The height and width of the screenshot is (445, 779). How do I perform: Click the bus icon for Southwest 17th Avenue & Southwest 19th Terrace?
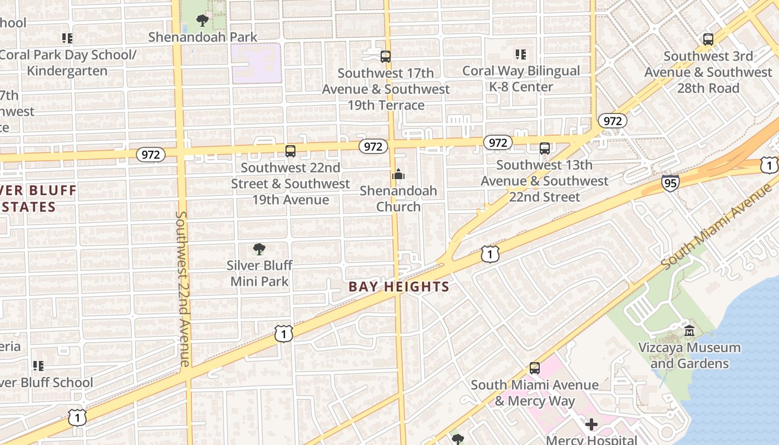385,56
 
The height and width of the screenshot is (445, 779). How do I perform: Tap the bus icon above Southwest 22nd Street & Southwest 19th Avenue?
290,151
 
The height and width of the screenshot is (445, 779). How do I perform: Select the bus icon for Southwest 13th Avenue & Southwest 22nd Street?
544,149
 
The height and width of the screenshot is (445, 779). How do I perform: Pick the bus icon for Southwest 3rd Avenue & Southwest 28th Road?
708,39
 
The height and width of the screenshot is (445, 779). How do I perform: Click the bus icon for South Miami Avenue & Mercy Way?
534,368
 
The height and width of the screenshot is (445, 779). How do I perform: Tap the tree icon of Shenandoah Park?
203,21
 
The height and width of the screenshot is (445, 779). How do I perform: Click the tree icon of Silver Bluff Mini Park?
259,249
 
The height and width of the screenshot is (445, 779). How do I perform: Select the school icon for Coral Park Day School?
67,38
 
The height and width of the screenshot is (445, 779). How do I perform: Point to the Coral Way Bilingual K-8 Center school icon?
521,55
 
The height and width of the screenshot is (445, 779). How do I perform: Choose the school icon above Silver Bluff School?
38,365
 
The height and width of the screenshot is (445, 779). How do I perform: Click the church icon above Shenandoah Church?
398,175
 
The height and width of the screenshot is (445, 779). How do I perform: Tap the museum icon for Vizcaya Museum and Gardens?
689,331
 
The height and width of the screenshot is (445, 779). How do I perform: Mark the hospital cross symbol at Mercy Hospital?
591,425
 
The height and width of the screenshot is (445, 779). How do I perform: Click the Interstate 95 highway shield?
670,182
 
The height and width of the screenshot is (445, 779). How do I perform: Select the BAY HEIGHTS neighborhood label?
398,287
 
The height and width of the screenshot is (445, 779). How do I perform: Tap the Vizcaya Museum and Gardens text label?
689,355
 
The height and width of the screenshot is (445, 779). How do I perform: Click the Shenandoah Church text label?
398,199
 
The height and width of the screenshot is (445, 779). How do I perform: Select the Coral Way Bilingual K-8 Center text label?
521,79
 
